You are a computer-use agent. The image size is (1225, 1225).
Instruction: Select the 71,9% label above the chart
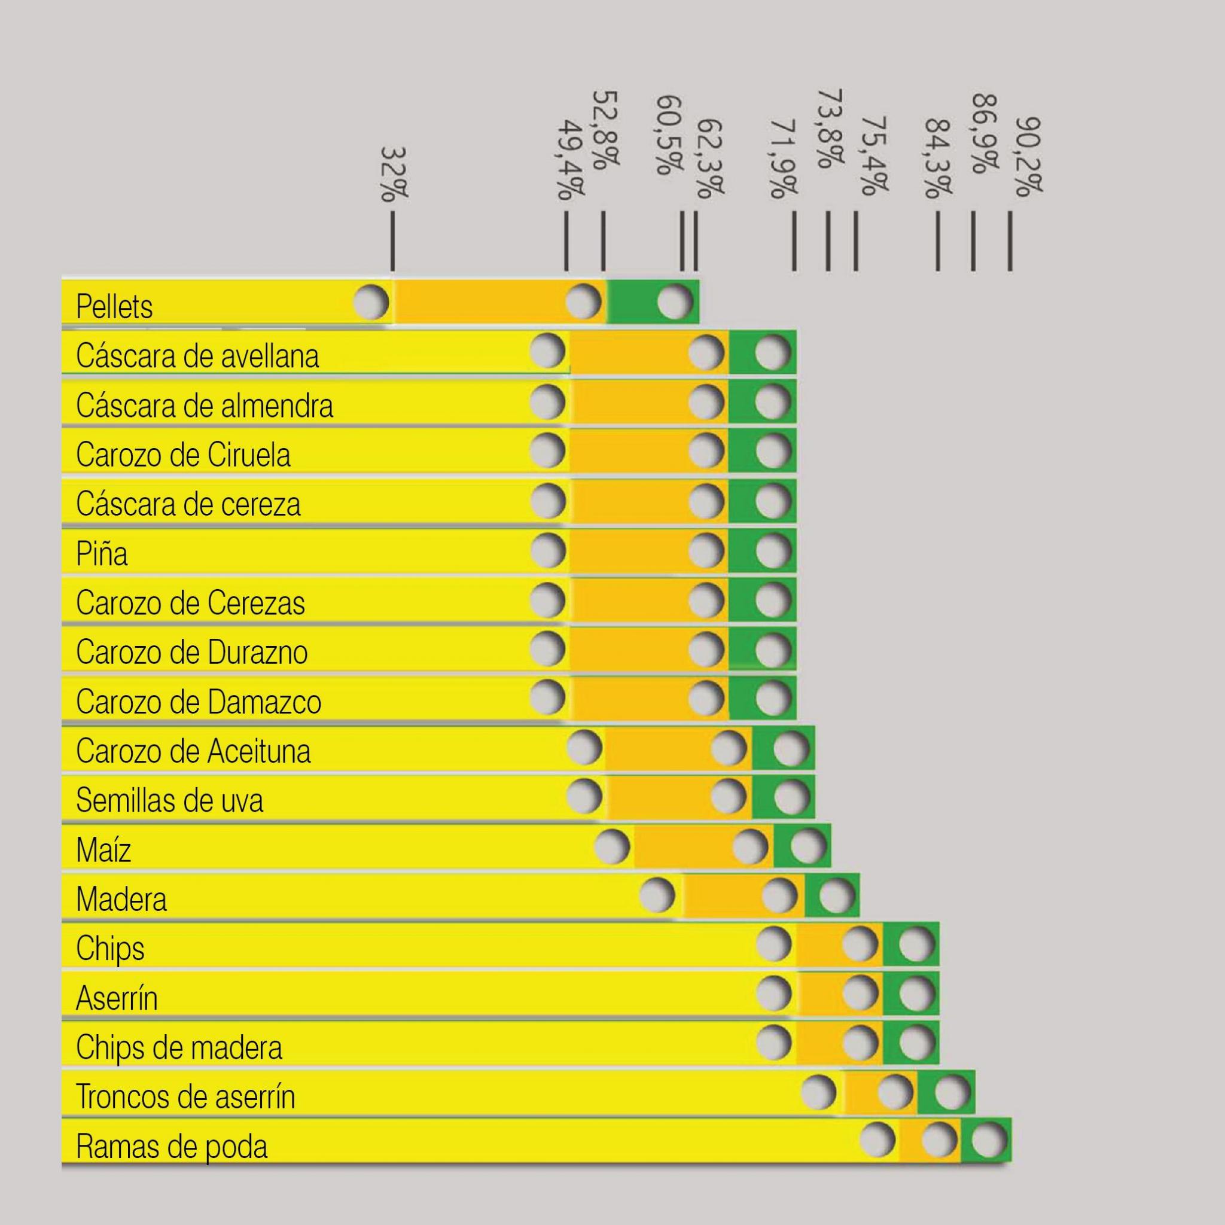784,159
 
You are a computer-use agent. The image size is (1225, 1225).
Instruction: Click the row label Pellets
114,307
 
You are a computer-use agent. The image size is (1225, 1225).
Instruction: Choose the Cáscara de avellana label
197,356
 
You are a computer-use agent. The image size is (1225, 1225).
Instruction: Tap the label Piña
102,553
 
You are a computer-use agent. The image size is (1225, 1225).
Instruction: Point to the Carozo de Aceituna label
193,751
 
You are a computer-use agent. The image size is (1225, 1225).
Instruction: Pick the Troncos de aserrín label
186,1097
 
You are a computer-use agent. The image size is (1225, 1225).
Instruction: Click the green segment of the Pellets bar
653,302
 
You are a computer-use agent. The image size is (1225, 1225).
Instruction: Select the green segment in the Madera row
832,895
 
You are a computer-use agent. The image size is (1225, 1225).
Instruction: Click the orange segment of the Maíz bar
703,846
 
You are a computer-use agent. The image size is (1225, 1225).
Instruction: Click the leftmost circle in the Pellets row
371,302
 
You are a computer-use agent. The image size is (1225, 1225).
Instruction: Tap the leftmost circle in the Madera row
657,895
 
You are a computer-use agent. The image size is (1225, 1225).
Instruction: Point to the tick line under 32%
393,241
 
